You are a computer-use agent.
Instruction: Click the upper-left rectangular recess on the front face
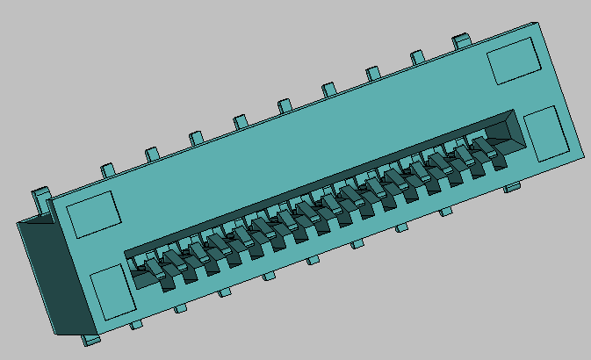[92, 213]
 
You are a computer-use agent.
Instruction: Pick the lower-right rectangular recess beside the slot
[546, 133]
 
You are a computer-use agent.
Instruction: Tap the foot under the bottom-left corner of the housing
[91, 338]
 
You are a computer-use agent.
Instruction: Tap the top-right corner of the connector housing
[537, 24]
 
